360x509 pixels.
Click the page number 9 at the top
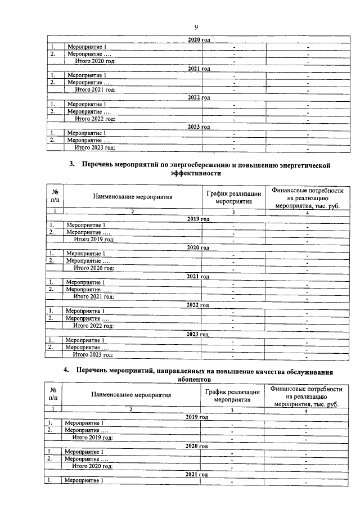pos(196,27)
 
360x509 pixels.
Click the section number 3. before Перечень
pos(72,165)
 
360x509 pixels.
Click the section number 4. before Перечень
pos(66,371)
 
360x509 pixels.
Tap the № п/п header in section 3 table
pos(55,196)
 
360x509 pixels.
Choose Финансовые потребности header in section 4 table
pos(306,389)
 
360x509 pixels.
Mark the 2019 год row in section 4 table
pos(197,417)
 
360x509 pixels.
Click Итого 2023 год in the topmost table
pos(95,147)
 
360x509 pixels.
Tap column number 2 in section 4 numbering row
pos(130,410)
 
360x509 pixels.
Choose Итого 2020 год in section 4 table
pos(93,466)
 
